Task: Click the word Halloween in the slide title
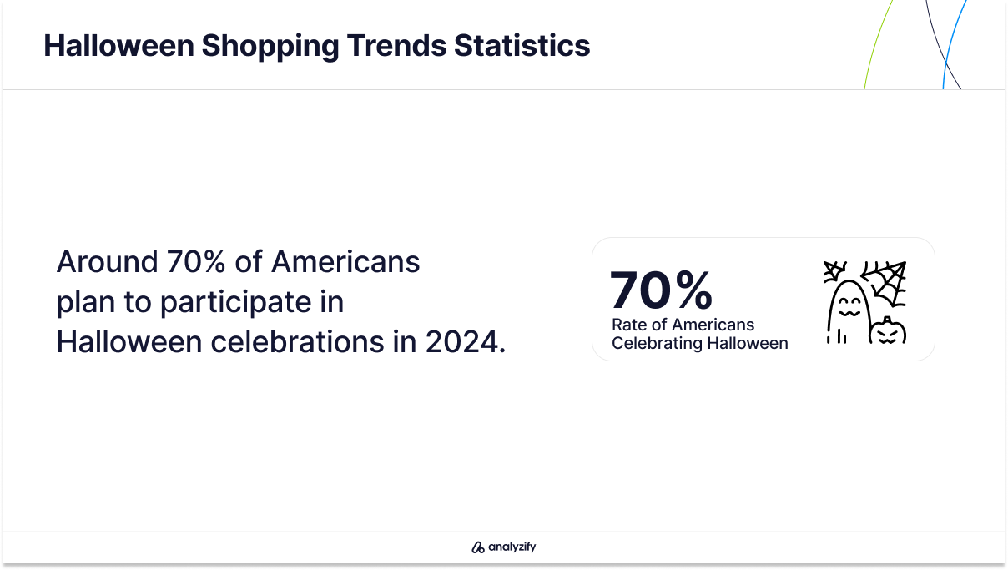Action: coord(118,45)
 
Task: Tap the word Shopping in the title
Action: coord(270,47)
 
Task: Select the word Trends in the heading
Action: coord(396,45)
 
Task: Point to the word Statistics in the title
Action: coord(522,45)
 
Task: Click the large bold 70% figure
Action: coord(661,290)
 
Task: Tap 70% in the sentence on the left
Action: coord(196,261)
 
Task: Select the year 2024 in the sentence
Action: coord(461,341)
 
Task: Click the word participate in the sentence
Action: coord(236,303)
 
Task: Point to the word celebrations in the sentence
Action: coord(297,341)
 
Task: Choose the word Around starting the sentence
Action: coord(107,261)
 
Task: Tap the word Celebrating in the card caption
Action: coord(657,344)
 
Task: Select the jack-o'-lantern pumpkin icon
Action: coord(887,331)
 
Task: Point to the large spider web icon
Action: coord(885,284)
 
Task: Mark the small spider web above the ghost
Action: coord(834,271)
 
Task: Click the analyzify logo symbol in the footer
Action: coord(477,547)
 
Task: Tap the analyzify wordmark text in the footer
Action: coord(512,547)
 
